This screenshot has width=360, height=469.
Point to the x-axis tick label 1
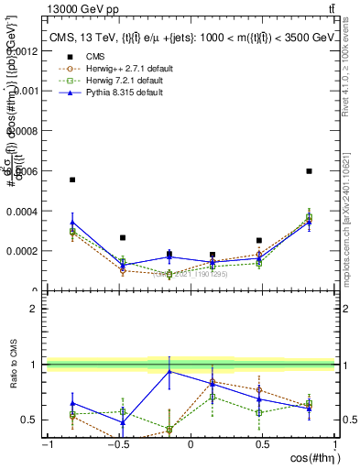pyautogui.click(x=334, y=444)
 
